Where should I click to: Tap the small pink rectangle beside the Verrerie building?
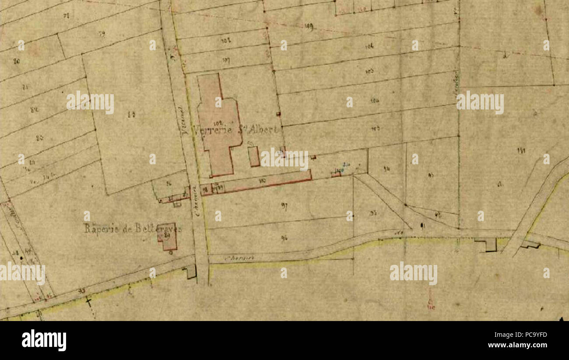pyautogui.click(x=253, y=156)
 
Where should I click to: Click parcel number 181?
pyautogui.click(x=521, y=151)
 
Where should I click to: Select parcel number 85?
pyautogui.click(x=131, y=115)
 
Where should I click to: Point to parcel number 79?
pyautogui.click(x=102, y=34)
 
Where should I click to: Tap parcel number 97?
pyautogui.click(x=284, y=207)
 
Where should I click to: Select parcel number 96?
pyautogui.click(x=284, y=238)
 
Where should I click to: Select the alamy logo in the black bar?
pyautogui.click(x=44, y=340)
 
